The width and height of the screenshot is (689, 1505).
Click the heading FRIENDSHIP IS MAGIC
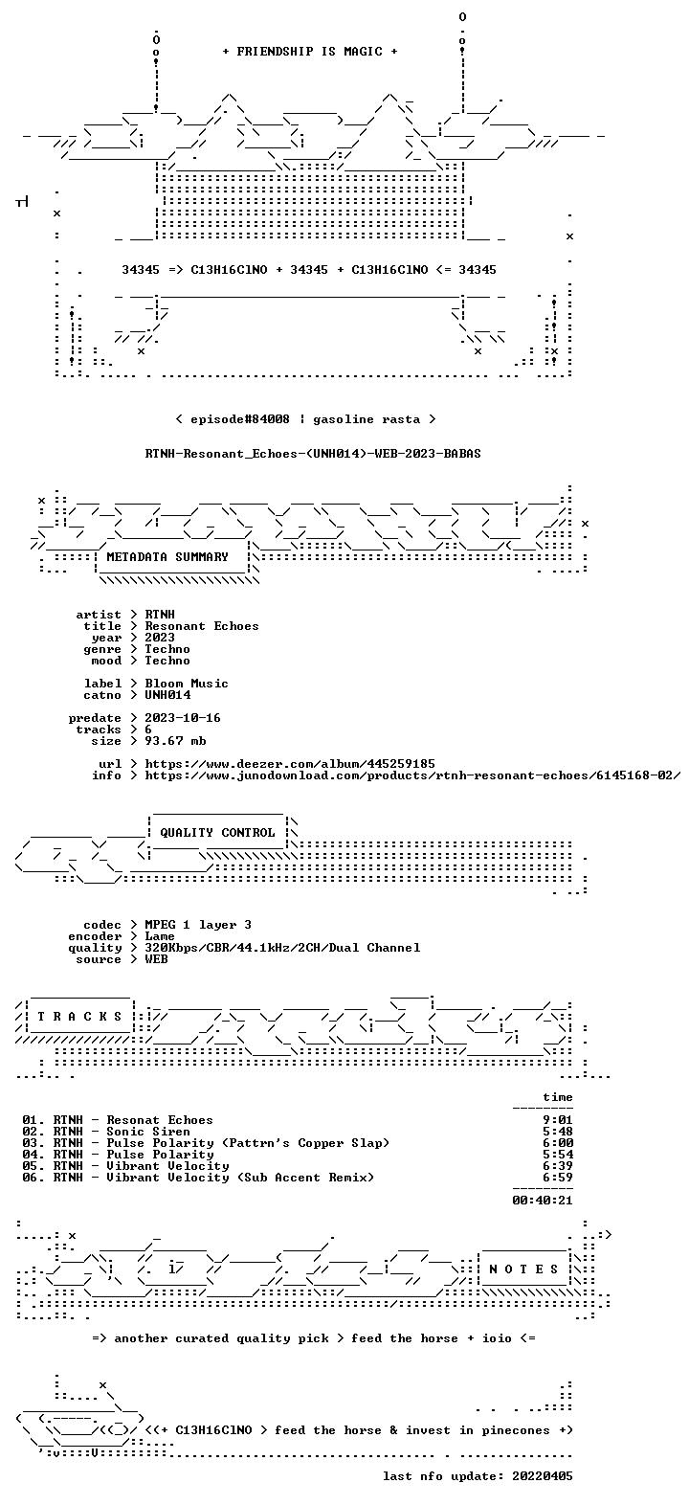(310, 52)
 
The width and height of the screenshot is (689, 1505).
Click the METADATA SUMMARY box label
(167, 557)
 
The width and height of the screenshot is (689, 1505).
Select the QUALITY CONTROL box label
(217, 833)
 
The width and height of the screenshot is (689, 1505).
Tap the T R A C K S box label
(80, 1017)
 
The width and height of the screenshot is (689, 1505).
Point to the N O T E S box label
(523, 1269)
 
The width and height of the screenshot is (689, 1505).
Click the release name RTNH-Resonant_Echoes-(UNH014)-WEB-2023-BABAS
(313, 454)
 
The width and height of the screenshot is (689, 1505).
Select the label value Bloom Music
(187, 684)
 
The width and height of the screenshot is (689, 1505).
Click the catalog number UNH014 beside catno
(167, 695)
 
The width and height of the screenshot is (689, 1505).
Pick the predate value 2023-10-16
(183, 718)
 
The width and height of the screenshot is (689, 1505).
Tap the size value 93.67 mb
(175, 741)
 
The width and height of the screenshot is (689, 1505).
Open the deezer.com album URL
(290, 764)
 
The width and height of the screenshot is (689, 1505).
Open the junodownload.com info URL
(412, 775)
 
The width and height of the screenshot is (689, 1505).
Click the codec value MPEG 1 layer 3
(198, 925)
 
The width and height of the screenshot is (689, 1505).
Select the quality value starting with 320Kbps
(282, 948)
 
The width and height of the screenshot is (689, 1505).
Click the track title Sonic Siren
(148, 1132)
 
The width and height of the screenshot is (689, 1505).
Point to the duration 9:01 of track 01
(558, 1120)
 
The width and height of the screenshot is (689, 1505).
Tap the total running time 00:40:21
(543, 1200)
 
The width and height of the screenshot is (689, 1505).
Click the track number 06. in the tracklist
(33, 1178)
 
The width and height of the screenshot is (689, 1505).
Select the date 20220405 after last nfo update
(543, 1476)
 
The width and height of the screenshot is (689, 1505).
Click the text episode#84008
(240, 419)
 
